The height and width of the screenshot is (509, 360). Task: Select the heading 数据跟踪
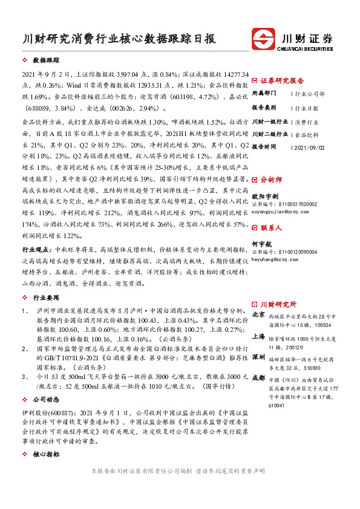(x=46, y=61)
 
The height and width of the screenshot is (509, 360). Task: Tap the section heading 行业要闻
(x=46, y=298)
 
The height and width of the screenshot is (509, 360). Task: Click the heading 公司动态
(x=46, y=400)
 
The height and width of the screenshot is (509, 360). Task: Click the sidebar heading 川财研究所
(x=278, y=304)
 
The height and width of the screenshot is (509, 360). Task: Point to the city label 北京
(x=258, y=315)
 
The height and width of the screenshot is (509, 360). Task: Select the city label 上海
(x=258, y=336)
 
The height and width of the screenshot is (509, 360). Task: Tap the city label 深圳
(x=258, y=357)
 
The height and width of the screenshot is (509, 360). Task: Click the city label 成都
(x=258, y=378)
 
